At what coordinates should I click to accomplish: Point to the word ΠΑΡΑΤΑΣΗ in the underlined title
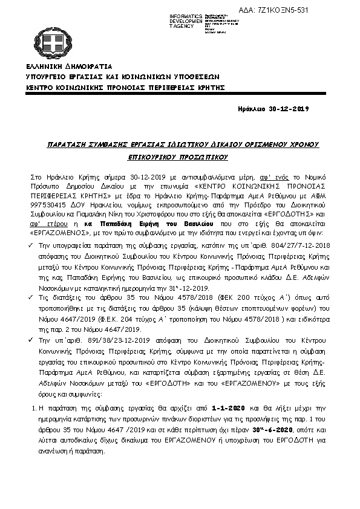pyautogui.click(x=67, y=146)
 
